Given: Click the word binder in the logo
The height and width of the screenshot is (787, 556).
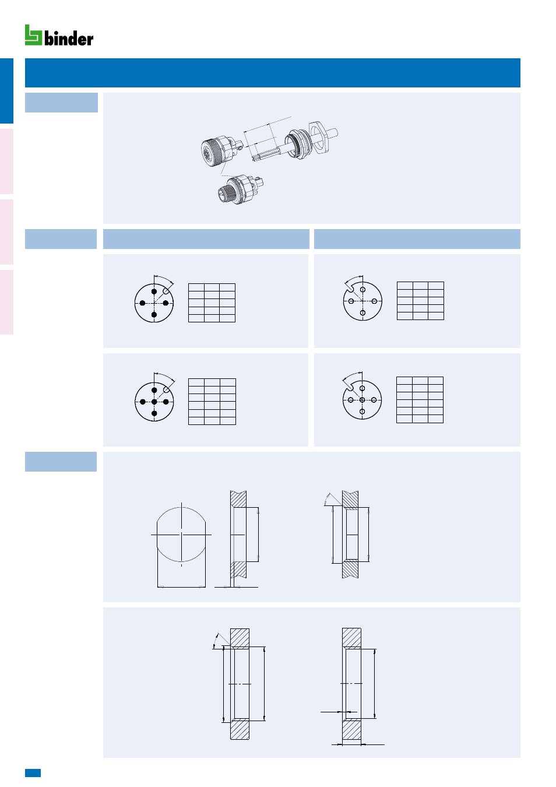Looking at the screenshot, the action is coord(69,38).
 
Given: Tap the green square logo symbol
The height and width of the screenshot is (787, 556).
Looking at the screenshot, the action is coord(33,35).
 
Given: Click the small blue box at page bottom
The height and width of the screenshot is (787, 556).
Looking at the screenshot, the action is coord(33,772).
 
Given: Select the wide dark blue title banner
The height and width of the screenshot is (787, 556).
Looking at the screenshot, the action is coord(273,73).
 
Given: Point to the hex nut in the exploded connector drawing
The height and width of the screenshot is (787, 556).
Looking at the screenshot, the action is coord(320,138).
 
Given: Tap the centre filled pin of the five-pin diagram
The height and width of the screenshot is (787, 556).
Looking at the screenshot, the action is coord(154,402).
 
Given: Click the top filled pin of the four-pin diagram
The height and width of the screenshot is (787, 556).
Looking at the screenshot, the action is coord(154,291).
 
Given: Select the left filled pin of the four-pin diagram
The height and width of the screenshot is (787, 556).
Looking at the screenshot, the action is coord(142,303).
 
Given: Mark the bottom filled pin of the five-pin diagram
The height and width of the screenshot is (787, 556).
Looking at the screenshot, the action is coord(154,413).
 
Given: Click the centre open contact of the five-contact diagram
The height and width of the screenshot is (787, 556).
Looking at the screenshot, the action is coord(362,400).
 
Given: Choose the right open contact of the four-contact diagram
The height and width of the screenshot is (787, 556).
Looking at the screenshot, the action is coord(374,301).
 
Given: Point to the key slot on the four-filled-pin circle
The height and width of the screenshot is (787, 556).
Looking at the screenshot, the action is coord(167,290).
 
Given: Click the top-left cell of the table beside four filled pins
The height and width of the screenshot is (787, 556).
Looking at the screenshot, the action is coord(196,287).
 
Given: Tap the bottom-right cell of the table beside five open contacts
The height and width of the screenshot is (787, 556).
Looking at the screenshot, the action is coord(435,419).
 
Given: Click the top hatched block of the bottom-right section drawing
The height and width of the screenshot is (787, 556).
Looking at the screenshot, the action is coord(351,637).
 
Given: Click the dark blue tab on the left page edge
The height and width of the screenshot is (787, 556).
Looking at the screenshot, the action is coord(6,90).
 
